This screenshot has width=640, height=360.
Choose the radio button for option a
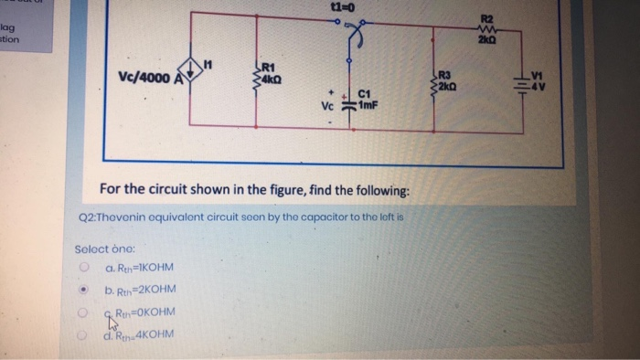click(x=83, y=269)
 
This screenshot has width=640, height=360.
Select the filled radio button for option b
click(x=83, y=291)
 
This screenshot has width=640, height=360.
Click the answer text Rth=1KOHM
click(x=142, y=269)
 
